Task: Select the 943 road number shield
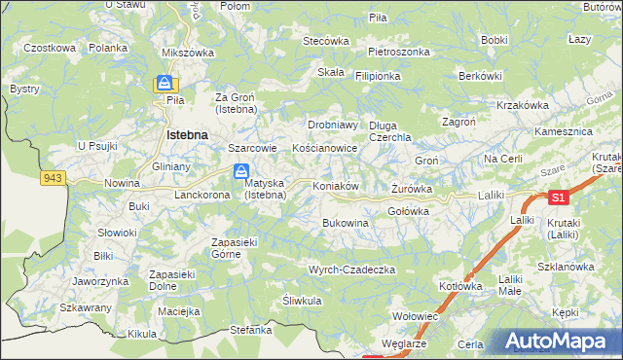[x=53, y=178]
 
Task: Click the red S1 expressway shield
[x=556, y=198]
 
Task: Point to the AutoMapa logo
[x=559, y=342]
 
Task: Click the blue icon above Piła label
[x=165, y=85]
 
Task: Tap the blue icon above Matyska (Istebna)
[x=239, y=171]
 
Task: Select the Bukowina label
[x=346, y=223]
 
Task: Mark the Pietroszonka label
[x=399, y=52]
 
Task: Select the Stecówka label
[x=326, y=41]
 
